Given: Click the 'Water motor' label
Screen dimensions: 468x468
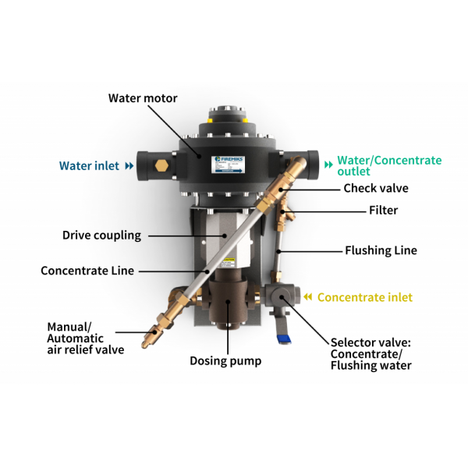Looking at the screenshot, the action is pos(143,98).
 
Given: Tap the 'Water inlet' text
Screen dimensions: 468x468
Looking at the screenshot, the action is pos(89,165).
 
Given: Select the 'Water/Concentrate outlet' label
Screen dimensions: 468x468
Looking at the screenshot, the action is pos(389,165).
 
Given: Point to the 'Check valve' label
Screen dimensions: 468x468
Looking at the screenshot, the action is pos(376,188).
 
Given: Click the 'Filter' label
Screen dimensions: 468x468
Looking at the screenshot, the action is pos(383,210).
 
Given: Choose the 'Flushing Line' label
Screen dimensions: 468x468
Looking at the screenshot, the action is pos(381,250).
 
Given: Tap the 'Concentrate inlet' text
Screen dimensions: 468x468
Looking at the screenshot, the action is pos(365,297).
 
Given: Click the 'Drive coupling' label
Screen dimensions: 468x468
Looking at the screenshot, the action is pos(101,236).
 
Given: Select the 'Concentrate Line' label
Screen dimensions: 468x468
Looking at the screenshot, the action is pos(87,271).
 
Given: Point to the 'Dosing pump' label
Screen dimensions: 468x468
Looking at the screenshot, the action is pos(225,361).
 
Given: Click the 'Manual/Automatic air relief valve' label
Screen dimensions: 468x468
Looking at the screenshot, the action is pos(85,339).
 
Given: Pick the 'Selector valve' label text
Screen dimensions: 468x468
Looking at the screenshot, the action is pos(370,342).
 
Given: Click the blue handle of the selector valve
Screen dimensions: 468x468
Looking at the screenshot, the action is pos(283,339).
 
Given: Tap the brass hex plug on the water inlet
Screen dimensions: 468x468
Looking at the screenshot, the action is pos(161,165).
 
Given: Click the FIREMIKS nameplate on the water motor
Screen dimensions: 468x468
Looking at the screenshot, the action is pos(229,164).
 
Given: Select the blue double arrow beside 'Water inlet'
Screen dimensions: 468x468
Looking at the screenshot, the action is pos(129,166).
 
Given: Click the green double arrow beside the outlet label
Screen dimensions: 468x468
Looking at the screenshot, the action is pos(328,165).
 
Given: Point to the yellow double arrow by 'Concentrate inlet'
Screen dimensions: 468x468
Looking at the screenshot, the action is pos(308,297).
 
